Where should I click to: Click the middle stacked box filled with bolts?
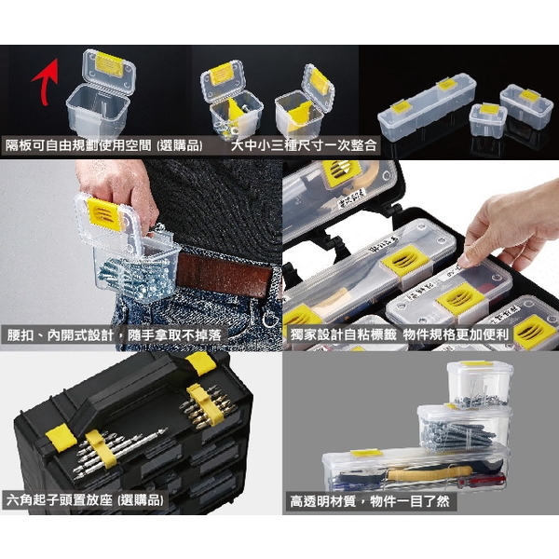coord(462,429)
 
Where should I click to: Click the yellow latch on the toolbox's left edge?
coord(57,434)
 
